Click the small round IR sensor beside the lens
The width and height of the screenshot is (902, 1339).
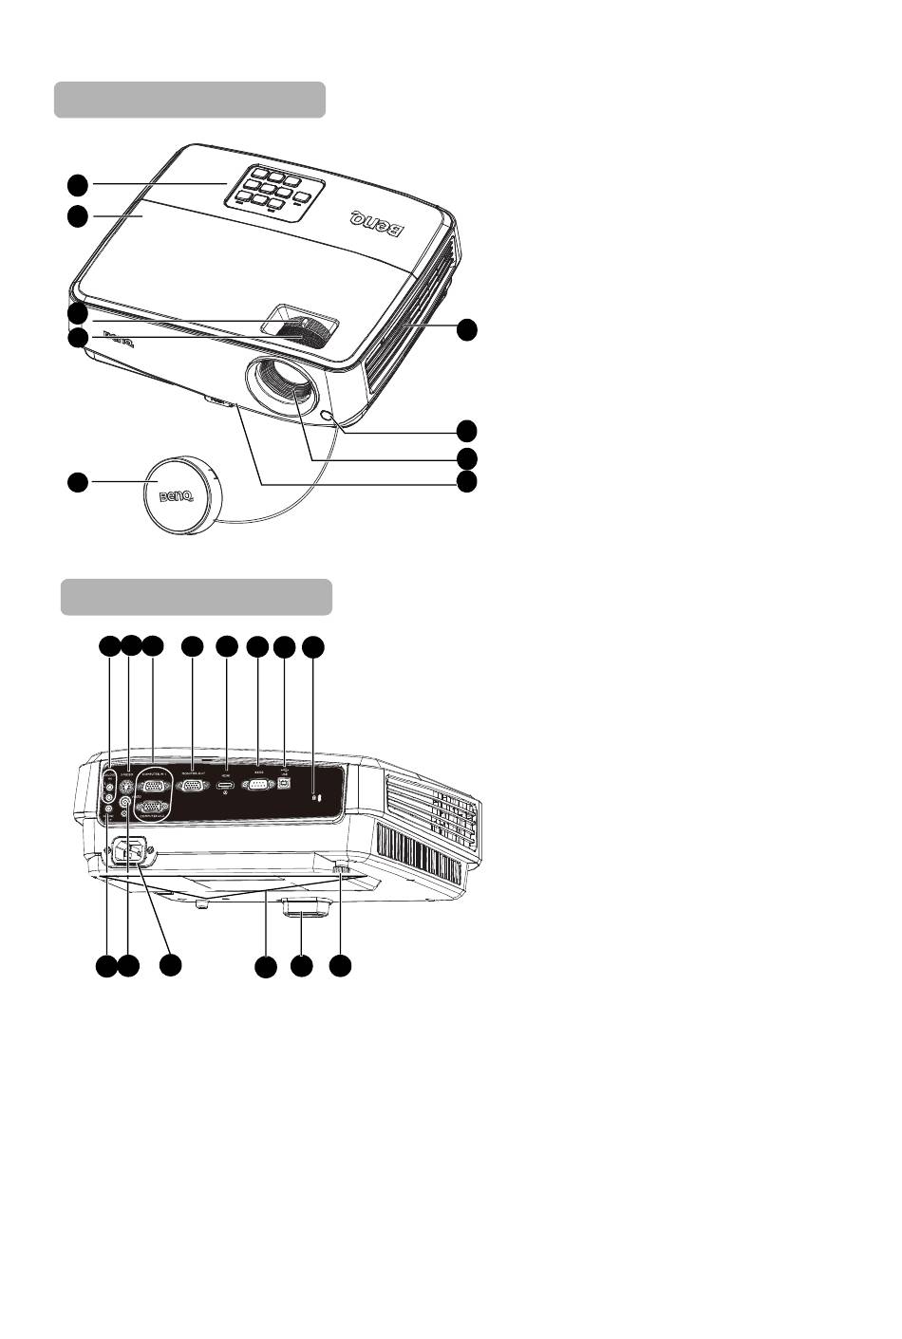(x=329, y=417)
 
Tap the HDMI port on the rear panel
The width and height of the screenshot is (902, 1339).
(x=226, y=788)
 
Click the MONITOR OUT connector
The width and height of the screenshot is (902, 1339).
(x=193, y=787)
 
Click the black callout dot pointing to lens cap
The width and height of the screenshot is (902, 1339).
(x=77, y=482)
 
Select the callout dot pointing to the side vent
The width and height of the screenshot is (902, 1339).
(x=465, y=329)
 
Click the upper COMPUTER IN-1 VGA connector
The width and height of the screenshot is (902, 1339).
(x=154, y=787)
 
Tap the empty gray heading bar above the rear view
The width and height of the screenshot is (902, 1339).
(x=197, y=597)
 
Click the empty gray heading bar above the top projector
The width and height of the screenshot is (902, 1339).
(x=190, y=100)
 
